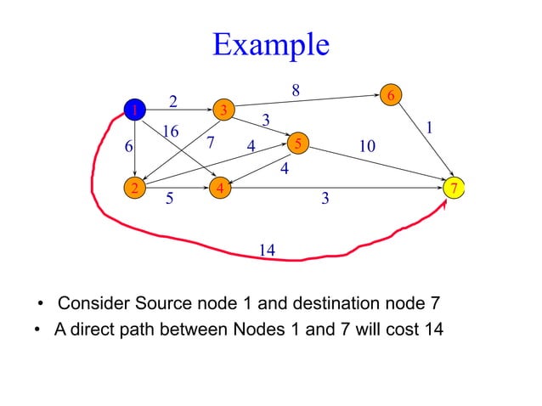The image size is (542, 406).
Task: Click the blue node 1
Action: click(x=133, y=110)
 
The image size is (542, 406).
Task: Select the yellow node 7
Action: click(x=456, y=187)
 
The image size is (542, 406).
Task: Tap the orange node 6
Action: click(x=391, y=95)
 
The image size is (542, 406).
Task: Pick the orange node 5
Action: click(x=297, y=144)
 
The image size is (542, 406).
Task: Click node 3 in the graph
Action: click(x=223, y=110)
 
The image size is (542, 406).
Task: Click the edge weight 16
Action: click(x=171, y=132)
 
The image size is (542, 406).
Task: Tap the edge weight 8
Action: click(x=295, y=88)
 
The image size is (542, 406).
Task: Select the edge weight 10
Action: click(x=367, y=147)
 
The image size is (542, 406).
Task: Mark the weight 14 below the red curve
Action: click(x=266, y=250)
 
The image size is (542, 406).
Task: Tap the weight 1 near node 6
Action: click(x=430, y=127)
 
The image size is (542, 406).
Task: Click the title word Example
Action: click(x=270, y=44)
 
